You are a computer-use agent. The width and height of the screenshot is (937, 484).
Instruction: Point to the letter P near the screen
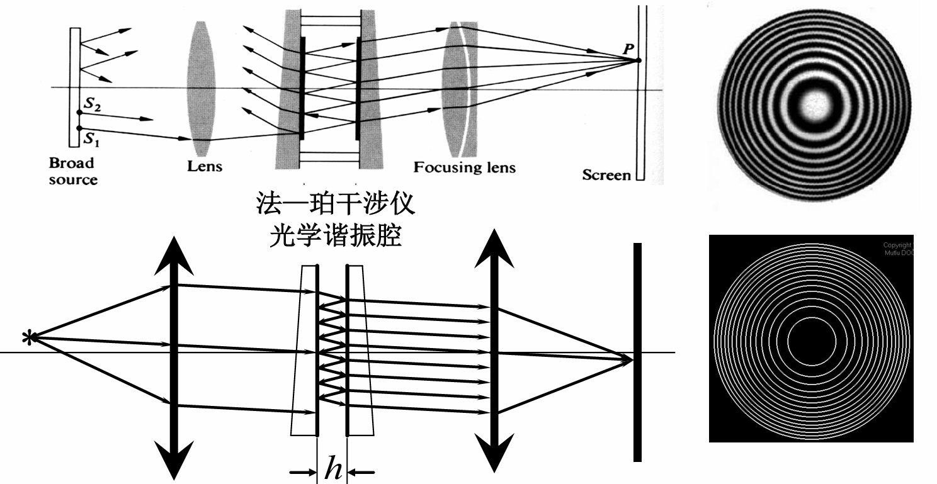pos(627,49)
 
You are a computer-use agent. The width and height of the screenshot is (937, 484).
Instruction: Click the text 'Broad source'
pos(74,171)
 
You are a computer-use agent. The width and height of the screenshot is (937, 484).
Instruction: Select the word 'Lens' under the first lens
pos(205,167)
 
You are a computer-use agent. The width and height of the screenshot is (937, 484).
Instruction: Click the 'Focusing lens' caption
pos(464,167)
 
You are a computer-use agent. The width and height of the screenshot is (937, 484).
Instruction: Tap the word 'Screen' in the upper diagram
pos(606,175)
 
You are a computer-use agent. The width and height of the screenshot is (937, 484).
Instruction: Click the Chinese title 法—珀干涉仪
pos(334,205)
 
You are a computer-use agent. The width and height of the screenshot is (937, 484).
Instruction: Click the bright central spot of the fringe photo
pos(813,103)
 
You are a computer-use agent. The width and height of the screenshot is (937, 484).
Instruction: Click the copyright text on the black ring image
pos(897,248)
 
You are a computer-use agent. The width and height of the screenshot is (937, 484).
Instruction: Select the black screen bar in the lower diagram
pos(637,352)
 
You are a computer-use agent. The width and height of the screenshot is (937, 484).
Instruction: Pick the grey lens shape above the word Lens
pos(202,88)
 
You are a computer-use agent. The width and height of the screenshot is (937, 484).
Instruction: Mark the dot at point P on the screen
pos(637,60)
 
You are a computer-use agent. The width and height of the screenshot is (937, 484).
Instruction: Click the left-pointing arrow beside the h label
pos(362,472)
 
